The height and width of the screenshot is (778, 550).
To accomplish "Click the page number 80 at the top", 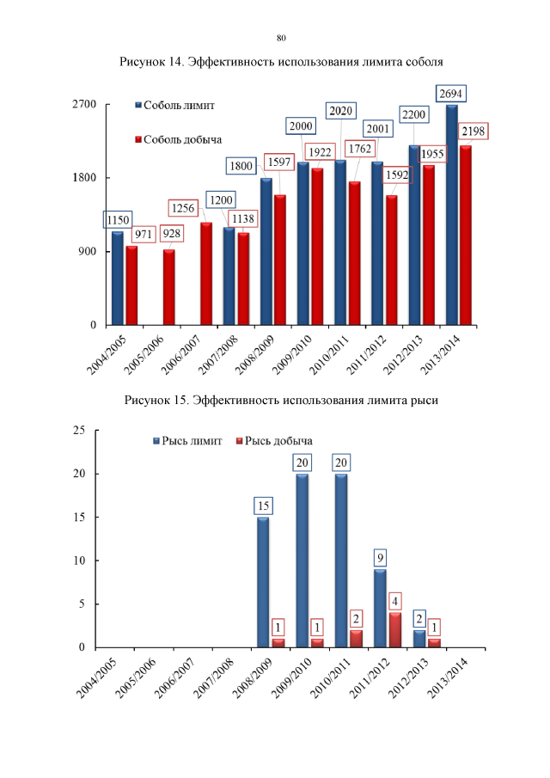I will [x=281, y=38].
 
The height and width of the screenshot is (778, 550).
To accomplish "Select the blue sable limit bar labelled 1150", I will [x=118, y=278].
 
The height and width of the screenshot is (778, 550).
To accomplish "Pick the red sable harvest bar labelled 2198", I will [x=466, y=235].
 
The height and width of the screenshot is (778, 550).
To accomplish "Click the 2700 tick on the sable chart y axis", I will [x=83, y=105].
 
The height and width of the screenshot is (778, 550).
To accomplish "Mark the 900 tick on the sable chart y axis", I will [x=87, y=252].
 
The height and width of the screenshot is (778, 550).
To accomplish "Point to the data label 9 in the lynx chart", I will [x=380, y=558].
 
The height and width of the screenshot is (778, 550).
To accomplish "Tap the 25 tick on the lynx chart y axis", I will [x=78, y=431].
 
